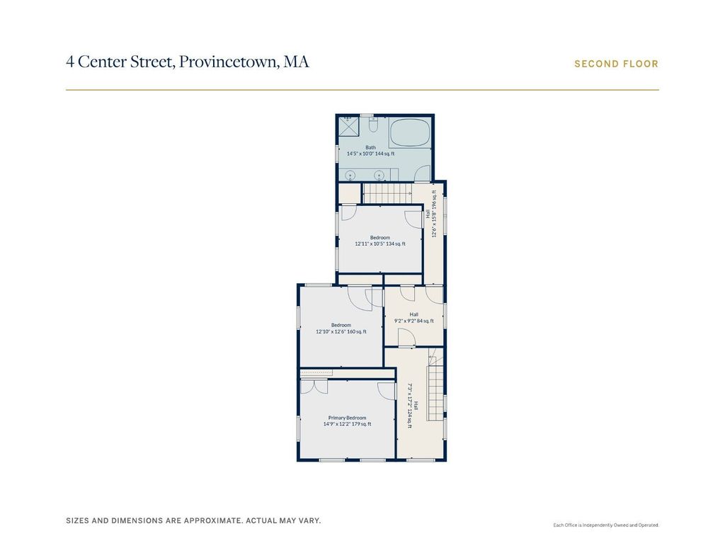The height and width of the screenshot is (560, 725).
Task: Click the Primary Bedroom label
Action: (347, 418)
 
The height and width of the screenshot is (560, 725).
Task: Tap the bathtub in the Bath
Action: (410, 132)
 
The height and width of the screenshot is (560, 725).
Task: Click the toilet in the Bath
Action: (374, 125)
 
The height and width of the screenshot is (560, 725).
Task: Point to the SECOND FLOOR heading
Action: (617, 64)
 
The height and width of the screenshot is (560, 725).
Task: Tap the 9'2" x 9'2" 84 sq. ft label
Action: (413, 321)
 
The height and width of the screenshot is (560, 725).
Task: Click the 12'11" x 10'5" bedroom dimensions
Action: (370, 244)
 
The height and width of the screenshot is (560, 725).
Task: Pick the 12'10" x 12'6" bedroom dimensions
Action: (331, 331)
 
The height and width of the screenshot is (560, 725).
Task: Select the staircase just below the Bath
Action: (387, 193)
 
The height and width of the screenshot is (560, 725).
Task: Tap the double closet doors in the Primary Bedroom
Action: (314, 387)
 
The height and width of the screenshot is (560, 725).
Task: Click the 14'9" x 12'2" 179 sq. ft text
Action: (347, 424)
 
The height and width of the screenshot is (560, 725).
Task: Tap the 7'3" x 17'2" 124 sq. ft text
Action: (410, 406)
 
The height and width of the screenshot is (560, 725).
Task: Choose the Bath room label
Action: (370, 147)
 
